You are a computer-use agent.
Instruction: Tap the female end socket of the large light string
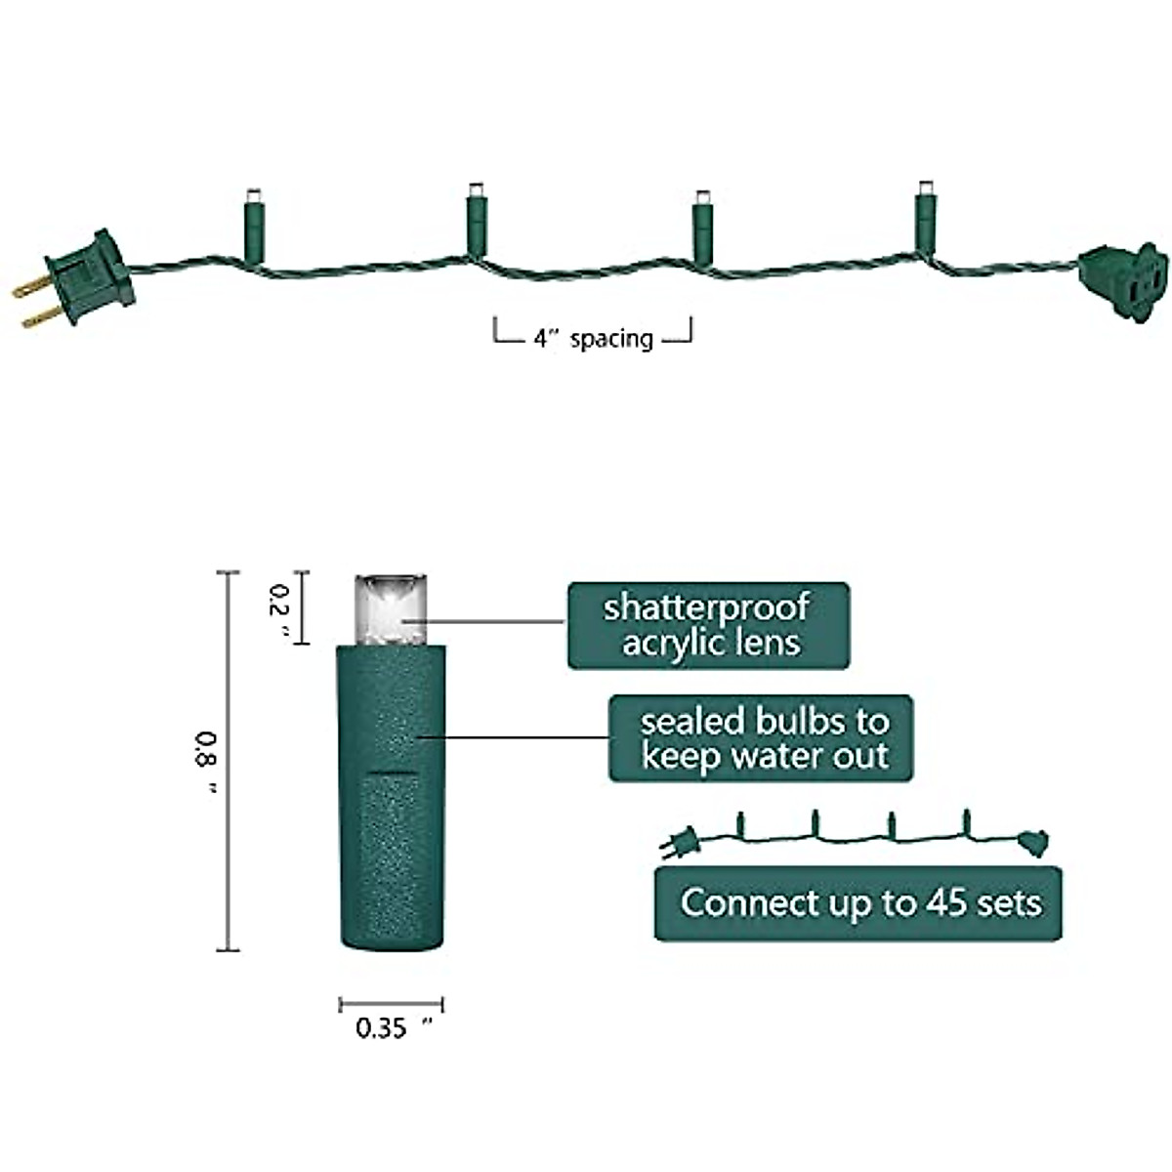(1124, 283)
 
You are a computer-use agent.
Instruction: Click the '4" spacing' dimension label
(593, 338)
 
